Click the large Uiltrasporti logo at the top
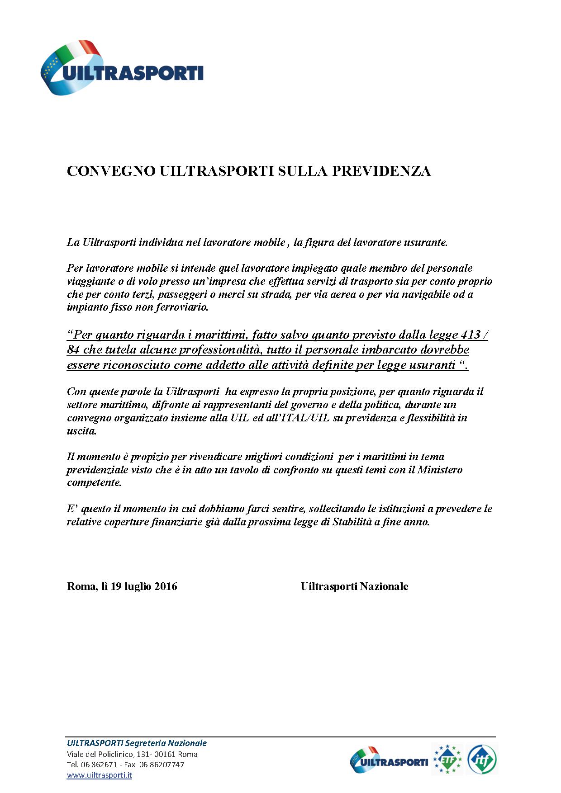[x=122, y=68]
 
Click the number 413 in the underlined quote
[x=470, y=335]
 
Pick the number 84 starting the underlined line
[x=73, y=350]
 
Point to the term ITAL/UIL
[x=306, y=418]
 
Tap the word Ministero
[x=439, y=470]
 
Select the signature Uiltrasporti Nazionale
[x=354, y=586]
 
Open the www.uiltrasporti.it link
[x=100, y=775]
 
